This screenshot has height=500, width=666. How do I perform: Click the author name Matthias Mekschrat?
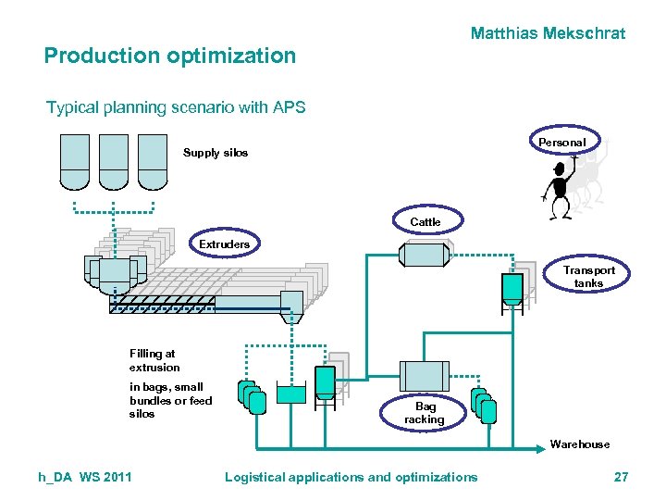coord(548,33)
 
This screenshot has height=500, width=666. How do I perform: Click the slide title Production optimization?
coord(170,56)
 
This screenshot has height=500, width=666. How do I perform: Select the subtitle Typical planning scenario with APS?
coord(176,107)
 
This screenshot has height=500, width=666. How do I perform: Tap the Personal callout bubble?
coord(561,142)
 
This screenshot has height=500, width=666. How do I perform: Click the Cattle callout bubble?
coord(425,221)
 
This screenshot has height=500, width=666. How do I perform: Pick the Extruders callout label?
coord(224,244)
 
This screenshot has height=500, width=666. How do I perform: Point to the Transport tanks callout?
coord(588,277)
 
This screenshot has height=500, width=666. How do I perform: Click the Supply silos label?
coord(215,153)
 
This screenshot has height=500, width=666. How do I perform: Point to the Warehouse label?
coord(580,444)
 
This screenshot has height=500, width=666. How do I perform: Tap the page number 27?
coord(621,477)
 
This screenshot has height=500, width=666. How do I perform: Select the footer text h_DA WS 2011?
coord(84,477)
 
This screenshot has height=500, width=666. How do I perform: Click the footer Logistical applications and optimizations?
coord(351,477)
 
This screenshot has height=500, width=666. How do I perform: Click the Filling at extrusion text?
coord(154,360)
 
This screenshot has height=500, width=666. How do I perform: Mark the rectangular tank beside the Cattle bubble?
coord(424,254)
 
